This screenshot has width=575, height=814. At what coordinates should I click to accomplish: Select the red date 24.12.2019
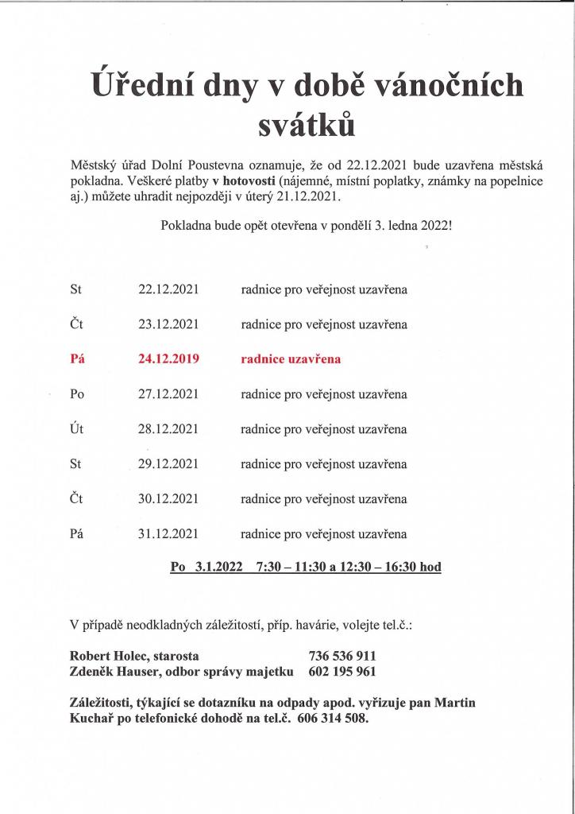point(168,359)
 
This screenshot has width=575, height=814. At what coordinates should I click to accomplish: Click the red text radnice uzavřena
point(291,359)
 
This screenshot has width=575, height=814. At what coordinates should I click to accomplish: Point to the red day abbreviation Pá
point(77,359)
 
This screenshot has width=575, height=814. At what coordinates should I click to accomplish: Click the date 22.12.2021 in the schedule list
point(168,290)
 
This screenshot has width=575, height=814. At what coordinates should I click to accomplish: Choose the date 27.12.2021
point(168,394)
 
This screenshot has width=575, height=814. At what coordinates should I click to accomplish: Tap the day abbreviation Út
point(77,429)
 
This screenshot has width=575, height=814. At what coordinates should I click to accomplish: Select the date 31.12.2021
point(168,534)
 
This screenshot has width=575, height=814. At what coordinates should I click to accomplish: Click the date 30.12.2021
point(168,499)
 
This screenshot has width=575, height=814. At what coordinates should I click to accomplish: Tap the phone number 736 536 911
point(342,657)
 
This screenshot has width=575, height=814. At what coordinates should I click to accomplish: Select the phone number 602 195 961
point(342,673)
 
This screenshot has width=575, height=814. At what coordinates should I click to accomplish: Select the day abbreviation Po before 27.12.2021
point(77,394)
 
